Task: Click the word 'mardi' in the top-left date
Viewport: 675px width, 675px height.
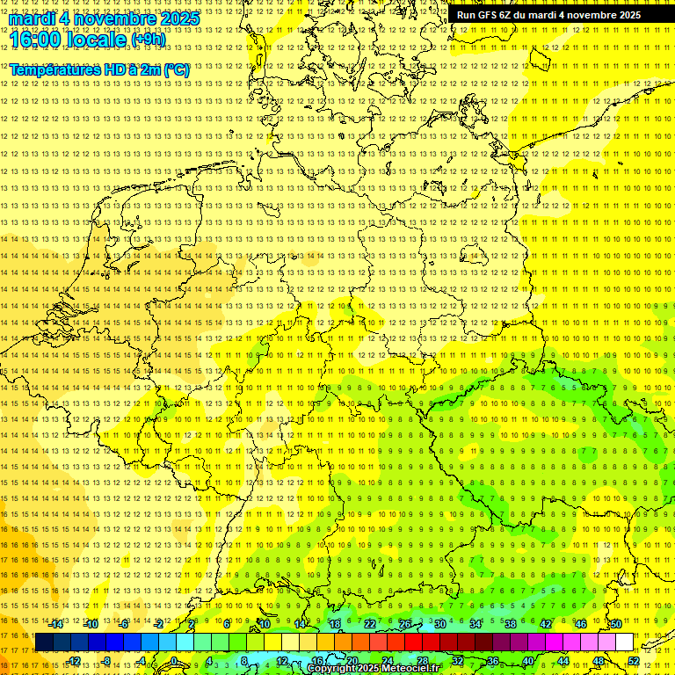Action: pyautogui.click(x=33, y=18)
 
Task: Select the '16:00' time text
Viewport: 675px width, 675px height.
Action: pyautogui.click(x=39, y=39)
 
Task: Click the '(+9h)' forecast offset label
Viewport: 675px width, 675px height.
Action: pyautogui.click(x=147, y=40)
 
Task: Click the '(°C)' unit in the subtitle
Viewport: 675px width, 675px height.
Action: pyautogui.click(x=177, y=69)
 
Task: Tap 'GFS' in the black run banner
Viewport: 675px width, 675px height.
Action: pyautogui.click(x=493, y=15)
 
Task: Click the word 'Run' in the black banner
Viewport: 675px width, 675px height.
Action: pyautogui.click(x=467, y=15)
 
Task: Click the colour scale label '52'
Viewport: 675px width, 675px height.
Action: pyautogui.click(x=634, y=661)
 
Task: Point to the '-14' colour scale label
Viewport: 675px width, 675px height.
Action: pyautogui.click(x=56, y=624)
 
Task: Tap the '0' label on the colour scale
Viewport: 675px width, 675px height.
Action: pyautogui.click(x=174, y=661)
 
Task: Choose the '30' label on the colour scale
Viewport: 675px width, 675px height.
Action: pyautogui.click(x=439, y=624)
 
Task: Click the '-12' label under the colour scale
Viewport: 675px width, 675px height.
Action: pyautogui.click(x=73, y=661)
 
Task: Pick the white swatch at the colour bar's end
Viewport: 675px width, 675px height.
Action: pyautogui.click(x=624, y=642)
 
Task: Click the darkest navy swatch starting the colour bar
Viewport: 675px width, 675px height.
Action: pyautogui.click(x=44, y=642)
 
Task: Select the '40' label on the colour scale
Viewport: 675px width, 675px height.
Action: pyautogui.click(x=527, y=661)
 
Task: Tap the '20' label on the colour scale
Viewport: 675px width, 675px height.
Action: pyautogui.click(x=352, y=661)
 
